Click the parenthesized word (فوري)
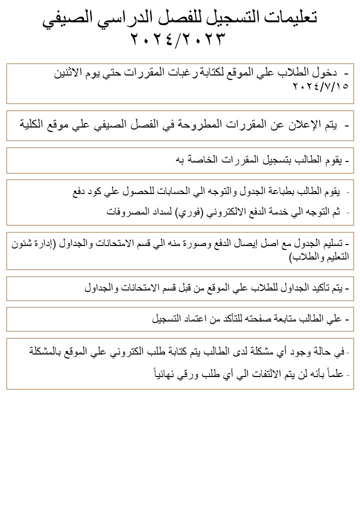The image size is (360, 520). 188,212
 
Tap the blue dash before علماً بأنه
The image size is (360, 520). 348,373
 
